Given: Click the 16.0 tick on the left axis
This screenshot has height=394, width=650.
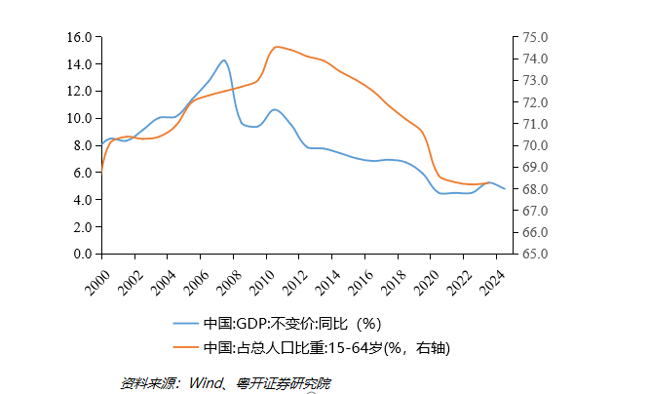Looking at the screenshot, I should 80,37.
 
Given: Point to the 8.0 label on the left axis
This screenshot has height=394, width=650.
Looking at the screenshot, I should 83,145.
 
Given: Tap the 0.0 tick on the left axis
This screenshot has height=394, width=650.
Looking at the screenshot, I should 83,254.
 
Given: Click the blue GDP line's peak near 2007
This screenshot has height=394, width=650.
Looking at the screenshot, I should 224,60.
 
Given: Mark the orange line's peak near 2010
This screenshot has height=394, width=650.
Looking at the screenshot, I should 277,47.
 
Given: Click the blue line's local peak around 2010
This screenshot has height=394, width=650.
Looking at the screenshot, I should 275,109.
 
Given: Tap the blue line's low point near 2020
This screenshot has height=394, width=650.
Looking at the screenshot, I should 443,193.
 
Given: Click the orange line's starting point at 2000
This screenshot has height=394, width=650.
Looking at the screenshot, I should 101,172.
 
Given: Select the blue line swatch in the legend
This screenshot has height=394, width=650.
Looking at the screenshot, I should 185,324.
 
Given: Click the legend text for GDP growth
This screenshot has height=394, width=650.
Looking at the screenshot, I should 292,324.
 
